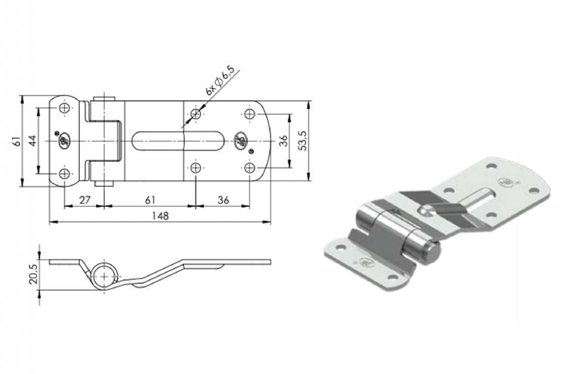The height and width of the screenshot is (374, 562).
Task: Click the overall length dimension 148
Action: coord(160,216)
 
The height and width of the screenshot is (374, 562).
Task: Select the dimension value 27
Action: coord(84,200)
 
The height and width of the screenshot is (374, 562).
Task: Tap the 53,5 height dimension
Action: coord(303,141)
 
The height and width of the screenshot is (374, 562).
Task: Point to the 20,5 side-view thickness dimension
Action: coord(33,274)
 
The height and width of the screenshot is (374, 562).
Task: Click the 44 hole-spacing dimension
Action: coord(33,140)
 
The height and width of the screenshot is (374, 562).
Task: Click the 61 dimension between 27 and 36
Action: coord(150,200)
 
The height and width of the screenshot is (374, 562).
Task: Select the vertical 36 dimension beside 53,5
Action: coord(283,140)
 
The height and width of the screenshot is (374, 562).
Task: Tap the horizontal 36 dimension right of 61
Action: coord(223,200)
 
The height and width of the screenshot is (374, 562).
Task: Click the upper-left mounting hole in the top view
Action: coord(64,108)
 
